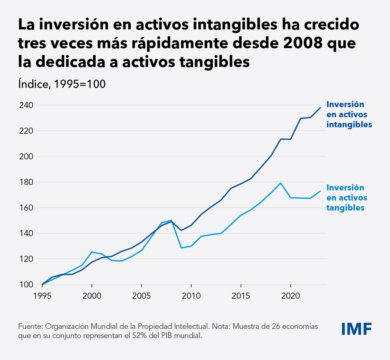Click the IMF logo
(x=356, y=329)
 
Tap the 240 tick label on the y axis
(x=26, y=105)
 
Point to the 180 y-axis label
(x=26, y=182)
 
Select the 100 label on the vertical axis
(x=26, y=285)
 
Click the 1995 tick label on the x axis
(x=42, y=296)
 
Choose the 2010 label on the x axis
(x=191, y=296)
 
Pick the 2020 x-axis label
(x=290, y=296)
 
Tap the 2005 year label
(x=141, y=296)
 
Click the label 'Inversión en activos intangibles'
(x=349, y=114)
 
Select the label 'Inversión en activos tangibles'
(x=347, y=198)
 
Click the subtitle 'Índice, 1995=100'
(x=62, y=84)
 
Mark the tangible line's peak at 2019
(x=281, y=183)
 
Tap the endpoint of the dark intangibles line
(x=320, y=108)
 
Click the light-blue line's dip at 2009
(x=181, y=248)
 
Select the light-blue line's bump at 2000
(x=92, y=252)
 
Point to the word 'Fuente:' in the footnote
(x=30, y=326)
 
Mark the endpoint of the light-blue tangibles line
(x=320, y=191)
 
